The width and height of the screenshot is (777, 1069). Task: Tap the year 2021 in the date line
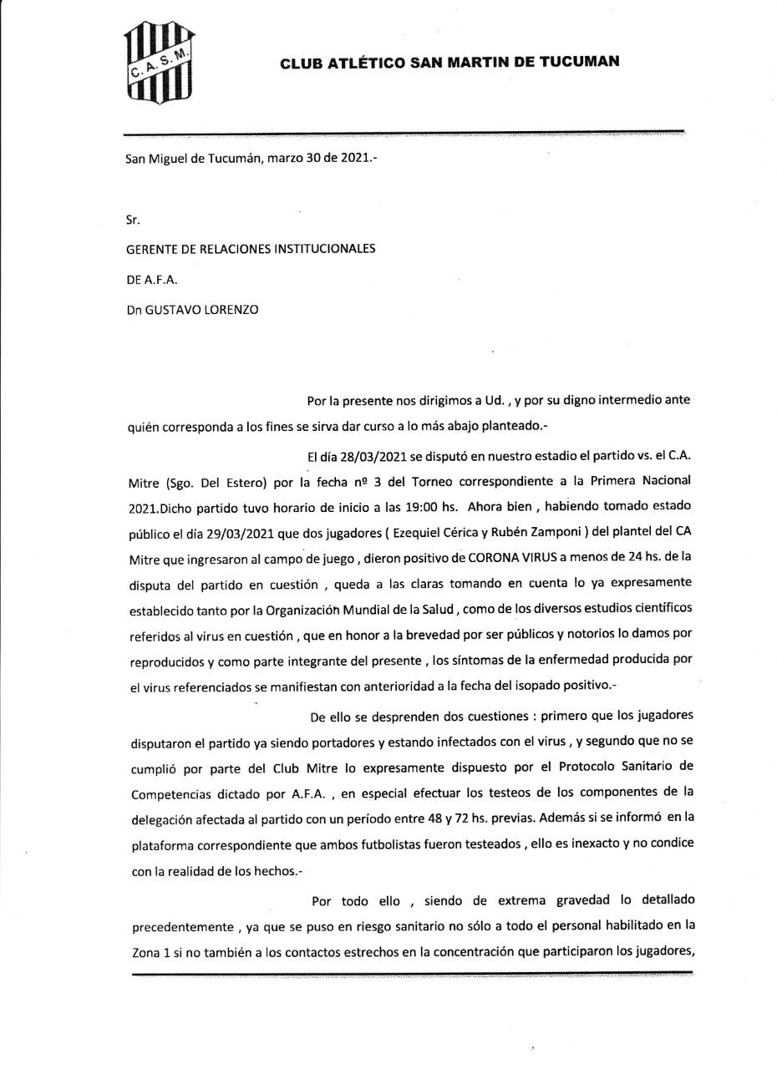coord(354,156)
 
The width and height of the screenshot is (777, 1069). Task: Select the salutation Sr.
coord(133,220)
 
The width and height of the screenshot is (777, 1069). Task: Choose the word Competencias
coord(170,793)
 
